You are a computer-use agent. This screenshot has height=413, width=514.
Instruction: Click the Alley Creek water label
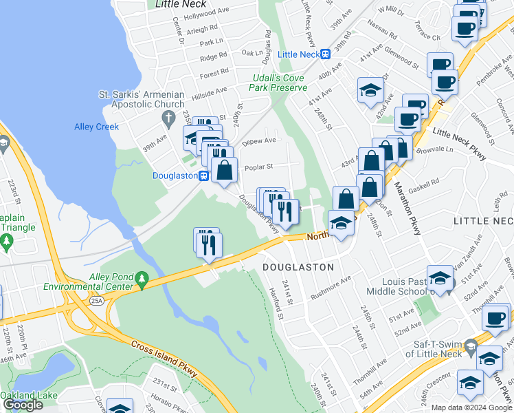[x=96, y=127]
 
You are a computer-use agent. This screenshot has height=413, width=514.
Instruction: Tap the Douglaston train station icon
[x=204, y=176]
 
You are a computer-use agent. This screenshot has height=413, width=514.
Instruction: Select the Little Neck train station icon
[x=326, y=54]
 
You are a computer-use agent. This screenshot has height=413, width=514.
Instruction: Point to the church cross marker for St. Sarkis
[x=166, y=118]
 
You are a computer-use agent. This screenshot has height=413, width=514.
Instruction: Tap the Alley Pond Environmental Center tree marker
[x=142, y=277]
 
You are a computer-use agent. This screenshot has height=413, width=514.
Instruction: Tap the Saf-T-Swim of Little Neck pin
[x=470, y=344]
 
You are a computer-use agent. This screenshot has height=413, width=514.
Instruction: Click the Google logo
[x=22, y=405]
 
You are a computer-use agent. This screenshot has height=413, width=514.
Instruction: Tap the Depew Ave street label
[x=259, y=141]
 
